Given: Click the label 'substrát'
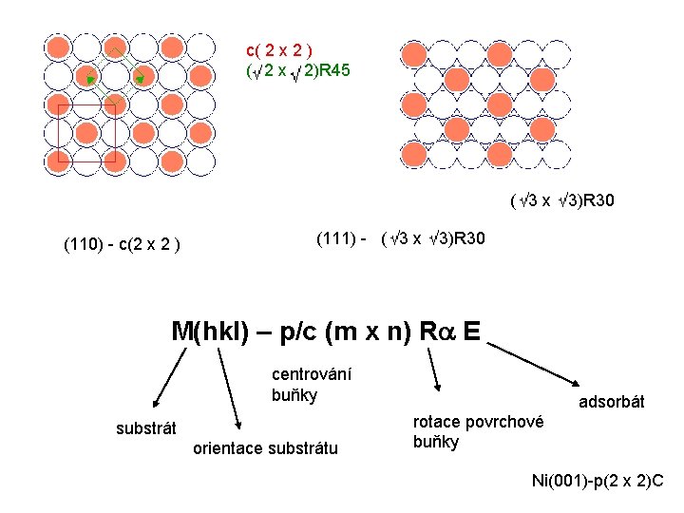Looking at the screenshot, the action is [x=146, y=428].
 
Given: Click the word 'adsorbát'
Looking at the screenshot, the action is [x=612, y=403].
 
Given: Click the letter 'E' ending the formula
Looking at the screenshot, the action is [x=471, y=332].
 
